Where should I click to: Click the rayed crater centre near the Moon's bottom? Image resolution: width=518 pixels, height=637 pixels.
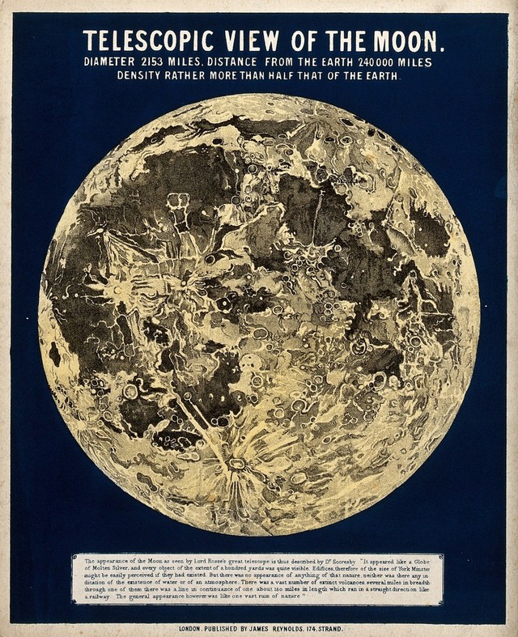point(237,463)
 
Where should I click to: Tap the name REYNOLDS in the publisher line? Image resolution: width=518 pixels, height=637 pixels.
point(308,628)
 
